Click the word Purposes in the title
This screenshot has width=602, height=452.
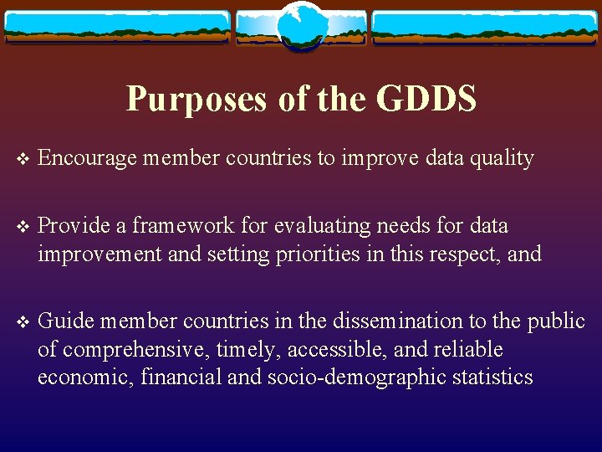pyautogui.click(x=196, y=100)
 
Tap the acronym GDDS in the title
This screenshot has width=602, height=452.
pyautogui.click(x=426, y=100)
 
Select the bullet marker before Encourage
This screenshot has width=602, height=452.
pyautogui.click(x=22, y=159)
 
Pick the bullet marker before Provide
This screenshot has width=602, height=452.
pyautogui.click(x=22, y=227)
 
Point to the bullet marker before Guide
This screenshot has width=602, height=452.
pyautogui.click(x=22, y=322)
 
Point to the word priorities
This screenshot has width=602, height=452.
pyautogui.click(x=317, y=253)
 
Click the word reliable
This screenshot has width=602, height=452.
pyautogui.click(x=468, y=349)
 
